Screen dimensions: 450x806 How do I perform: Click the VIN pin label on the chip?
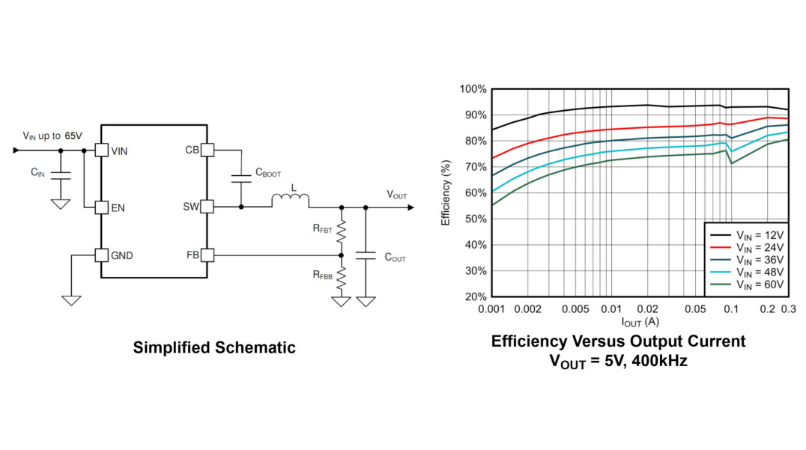[119, 150]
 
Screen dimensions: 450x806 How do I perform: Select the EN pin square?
[101, 207]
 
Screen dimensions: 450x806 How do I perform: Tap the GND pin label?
[122, 255]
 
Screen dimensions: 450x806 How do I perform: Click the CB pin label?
[193, 150]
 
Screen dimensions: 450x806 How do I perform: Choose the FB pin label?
[193, 255]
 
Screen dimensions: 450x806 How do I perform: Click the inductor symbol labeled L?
[289, 200]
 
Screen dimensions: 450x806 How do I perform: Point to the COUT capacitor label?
[395, 258]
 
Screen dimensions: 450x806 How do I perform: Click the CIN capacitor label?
[37, 172]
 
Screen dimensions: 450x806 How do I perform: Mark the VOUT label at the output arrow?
[397, 195]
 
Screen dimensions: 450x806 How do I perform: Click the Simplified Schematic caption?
[214, 347]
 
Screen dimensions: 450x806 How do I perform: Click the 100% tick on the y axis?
[473, 89]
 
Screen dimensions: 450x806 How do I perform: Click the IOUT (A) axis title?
[639, 321]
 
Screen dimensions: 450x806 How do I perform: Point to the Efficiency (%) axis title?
[446, 192]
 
